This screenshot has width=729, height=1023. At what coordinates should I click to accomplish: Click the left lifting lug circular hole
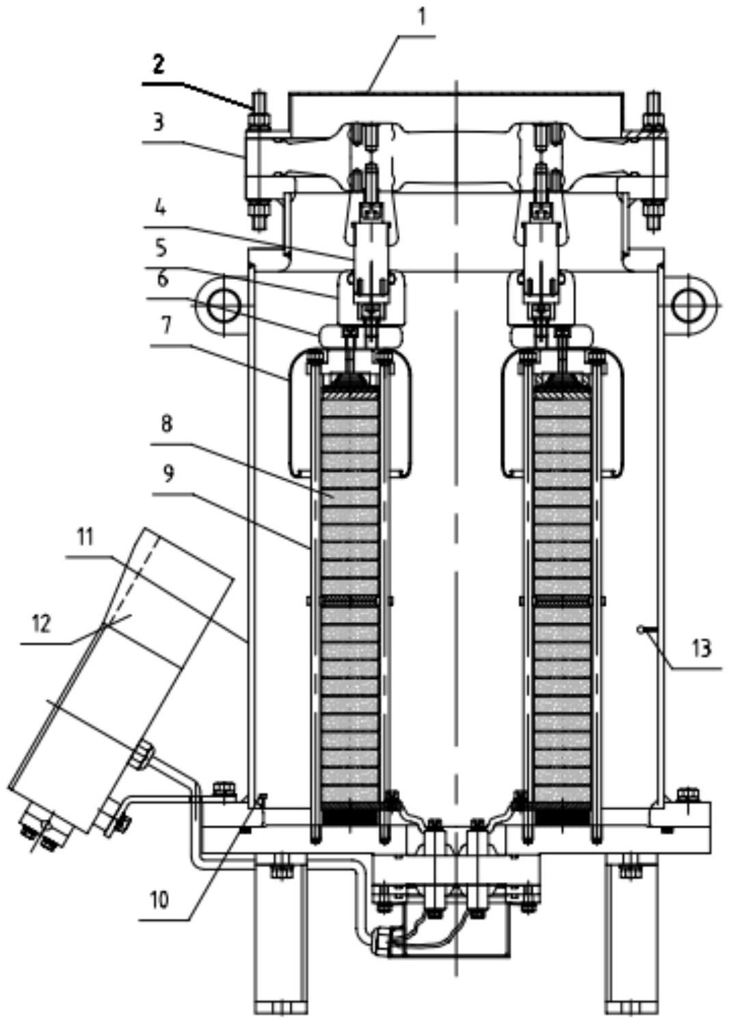click(223, 305)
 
